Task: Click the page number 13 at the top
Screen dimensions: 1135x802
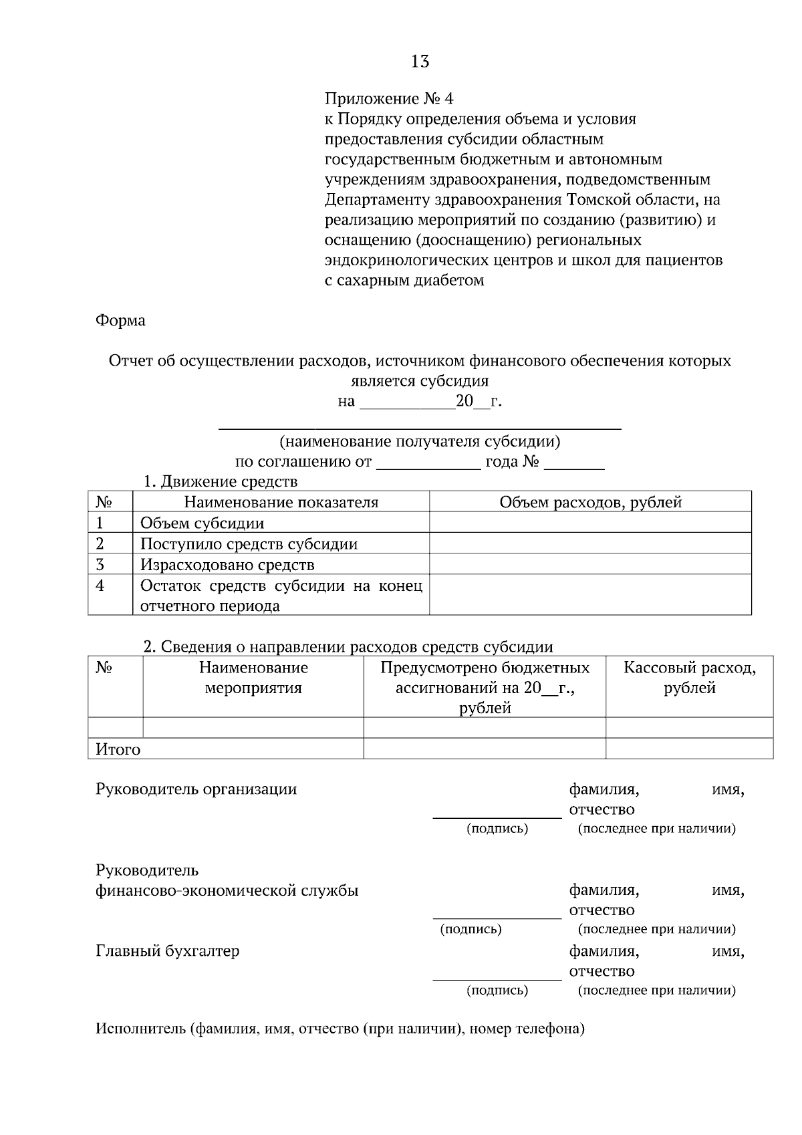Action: [x=420, y=61]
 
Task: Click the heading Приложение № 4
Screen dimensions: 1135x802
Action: [x=388, y=99]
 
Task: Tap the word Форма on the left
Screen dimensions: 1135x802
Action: [x=120, y=320]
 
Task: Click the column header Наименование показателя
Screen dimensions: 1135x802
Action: [x=281, y=502]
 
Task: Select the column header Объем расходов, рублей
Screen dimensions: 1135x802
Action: [x=590, y=502]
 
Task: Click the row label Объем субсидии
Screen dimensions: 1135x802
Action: [x=202, y=523]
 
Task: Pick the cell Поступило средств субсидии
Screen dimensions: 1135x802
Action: [x=249, y=543]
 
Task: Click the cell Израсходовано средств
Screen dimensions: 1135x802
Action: [x=227, y=564]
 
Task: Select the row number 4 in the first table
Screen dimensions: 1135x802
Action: [x=100, y=586]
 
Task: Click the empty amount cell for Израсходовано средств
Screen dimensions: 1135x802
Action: [x=590, y=564]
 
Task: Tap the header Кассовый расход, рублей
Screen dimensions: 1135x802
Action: [x=689, y=677]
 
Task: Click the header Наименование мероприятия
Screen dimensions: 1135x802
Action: [x=253, y=677]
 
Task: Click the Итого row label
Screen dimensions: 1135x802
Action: [x=118, y=749]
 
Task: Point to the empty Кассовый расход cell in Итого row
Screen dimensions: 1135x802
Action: [x=689, y=749]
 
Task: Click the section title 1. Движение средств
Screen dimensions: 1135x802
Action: [x=221, y=481]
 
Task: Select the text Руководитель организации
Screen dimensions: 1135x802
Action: [x=196, y=789]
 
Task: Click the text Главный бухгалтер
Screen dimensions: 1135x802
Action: [x=167, y=951]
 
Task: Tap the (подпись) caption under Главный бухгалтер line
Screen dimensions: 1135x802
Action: [x=497, y=990]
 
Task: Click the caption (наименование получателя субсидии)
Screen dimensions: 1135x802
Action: [x=420, y=441]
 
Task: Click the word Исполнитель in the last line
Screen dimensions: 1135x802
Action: [x=140, y=1028]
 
